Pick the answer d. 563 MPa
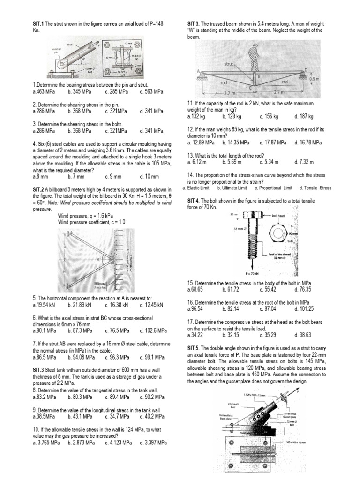point(151,92)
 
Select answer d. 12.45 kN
point(151,305)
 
